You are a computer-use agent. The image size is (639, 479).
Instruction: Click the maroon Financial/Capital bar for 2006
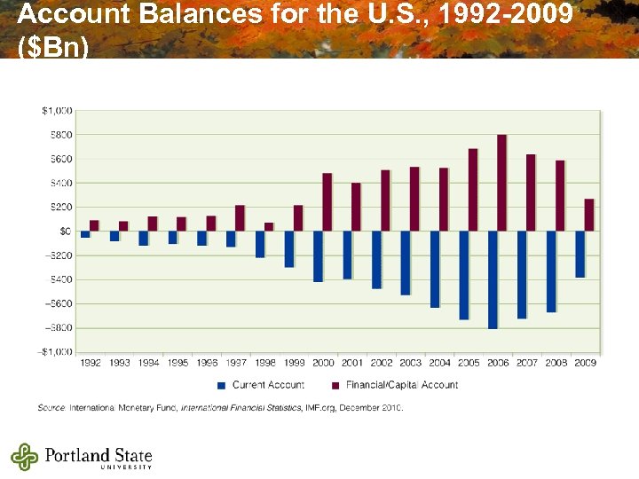tap(501, 183)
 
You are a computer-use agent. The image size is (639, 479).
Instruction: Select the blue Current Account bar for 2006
tap(493, 279)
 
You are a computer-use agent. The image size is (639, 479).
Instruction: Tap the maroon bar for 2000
tap(327, 202)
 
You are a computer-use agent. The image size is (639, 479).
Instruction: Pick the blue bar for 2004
tap(435, 269)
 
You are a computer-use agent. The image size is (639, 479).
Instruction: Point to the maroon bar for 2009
tap(589, 215)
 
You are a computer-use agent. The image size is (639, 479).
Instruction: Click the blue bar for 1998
tap(260, 244)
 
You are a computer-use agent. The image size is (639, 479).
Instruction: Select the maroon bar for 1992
tap(94, 225)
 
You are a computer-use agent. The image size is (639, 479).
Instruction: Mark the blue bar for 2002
tap(376, 260)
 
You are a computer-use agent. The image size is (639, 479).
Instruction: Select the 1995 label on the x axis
tap(177, 363)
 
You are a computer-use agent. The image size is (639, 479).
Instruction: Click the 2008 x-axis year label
tap(556, 363)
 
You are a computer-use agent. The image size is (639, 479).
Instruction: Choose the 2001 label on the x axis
tap(352, 363)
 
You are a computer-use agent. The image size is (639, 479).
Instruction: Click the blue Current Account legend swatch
tap(222, 385)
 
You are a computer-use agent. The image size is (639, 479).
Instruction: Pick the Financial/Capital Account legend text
tap(401, 385)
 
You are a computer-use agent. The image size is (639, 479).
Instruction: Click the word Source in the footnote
tap(50, 408)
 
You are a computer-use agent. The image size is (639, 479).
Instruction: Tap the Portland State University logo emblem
tap(25, 456)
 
